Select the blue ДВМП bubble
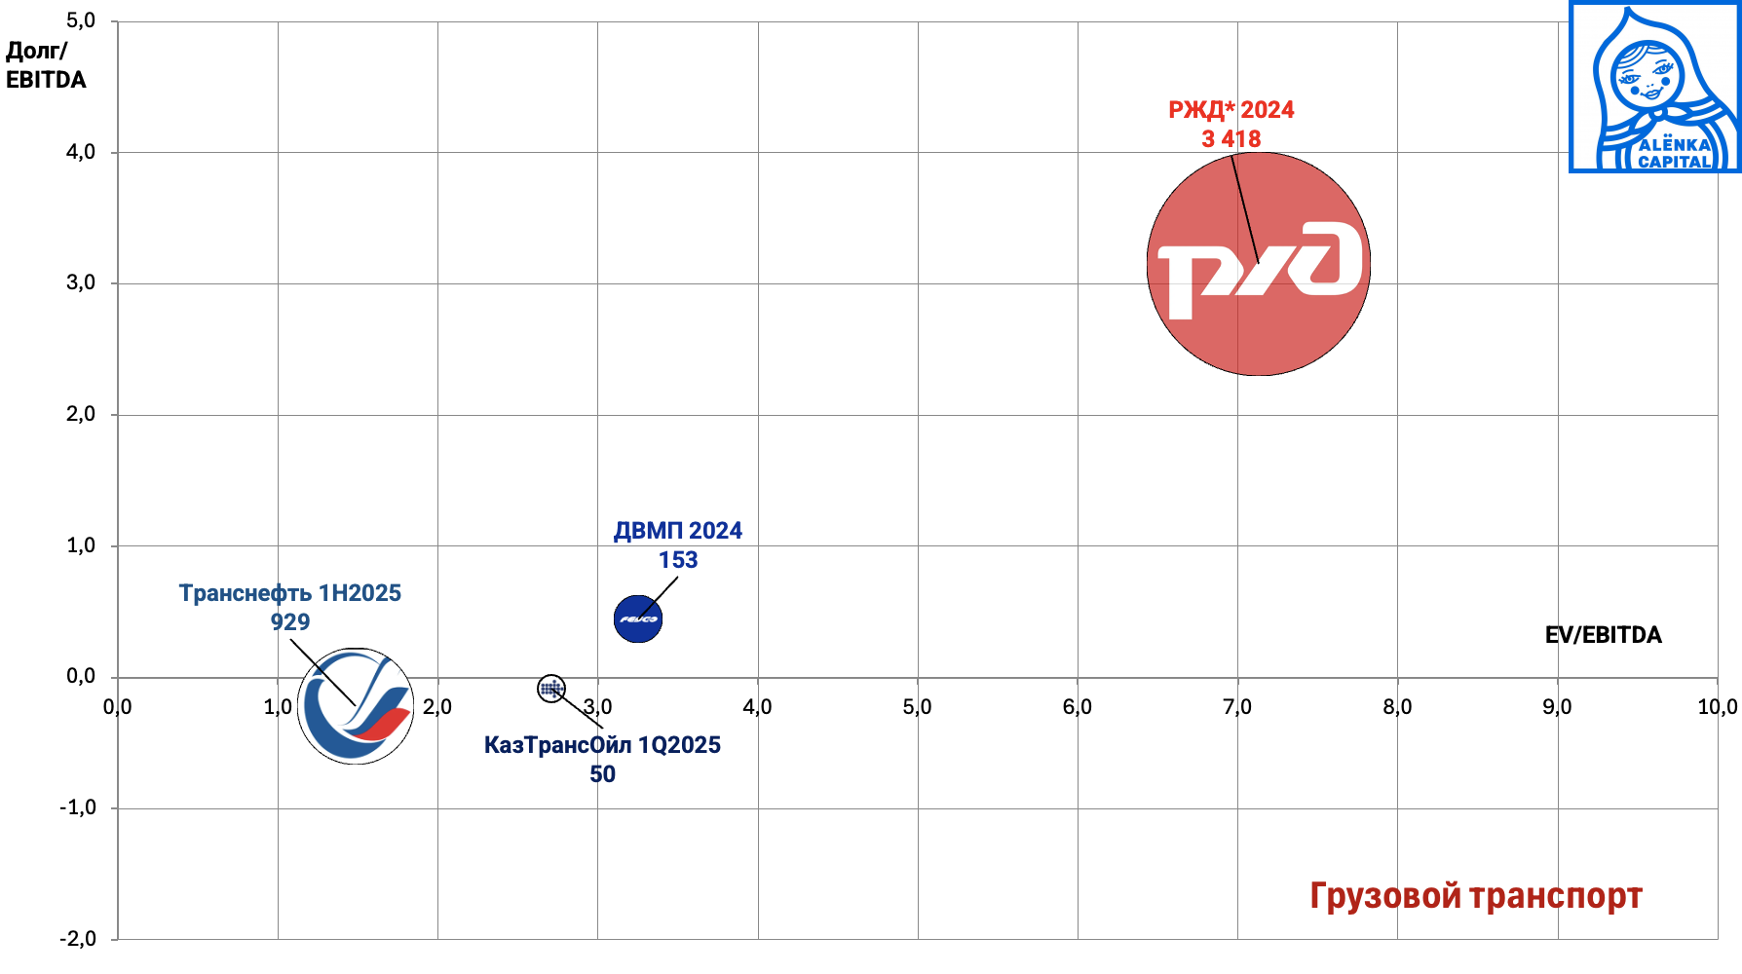point(638,618)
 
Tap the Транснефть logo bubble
point(356,706)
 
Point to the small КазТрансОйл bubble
point(551,689)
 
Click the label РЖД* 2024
point(1231,110)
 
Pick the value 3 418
point(1231,139)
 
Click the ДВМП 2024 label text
point(677,531)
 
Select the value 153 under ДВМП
point(677,560)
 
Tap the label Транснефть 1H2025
point(289,593)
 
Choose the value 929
point(289,622)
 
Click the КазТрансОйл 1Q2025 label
point(602,745)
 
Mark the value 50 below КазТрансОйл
point(602,774)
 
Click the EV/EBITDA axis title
point(1603,635)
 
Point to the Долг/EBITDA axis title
point(46,65)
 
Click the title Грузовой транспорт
point(1475,896)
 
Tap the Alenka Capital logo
point(1654,88)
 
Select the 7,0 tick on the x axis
point(1237,707)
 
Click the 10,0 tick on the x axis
point(1717,707)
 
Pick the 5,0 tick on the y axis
point(81,21)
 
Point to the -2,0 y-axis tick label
point(78,939)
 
